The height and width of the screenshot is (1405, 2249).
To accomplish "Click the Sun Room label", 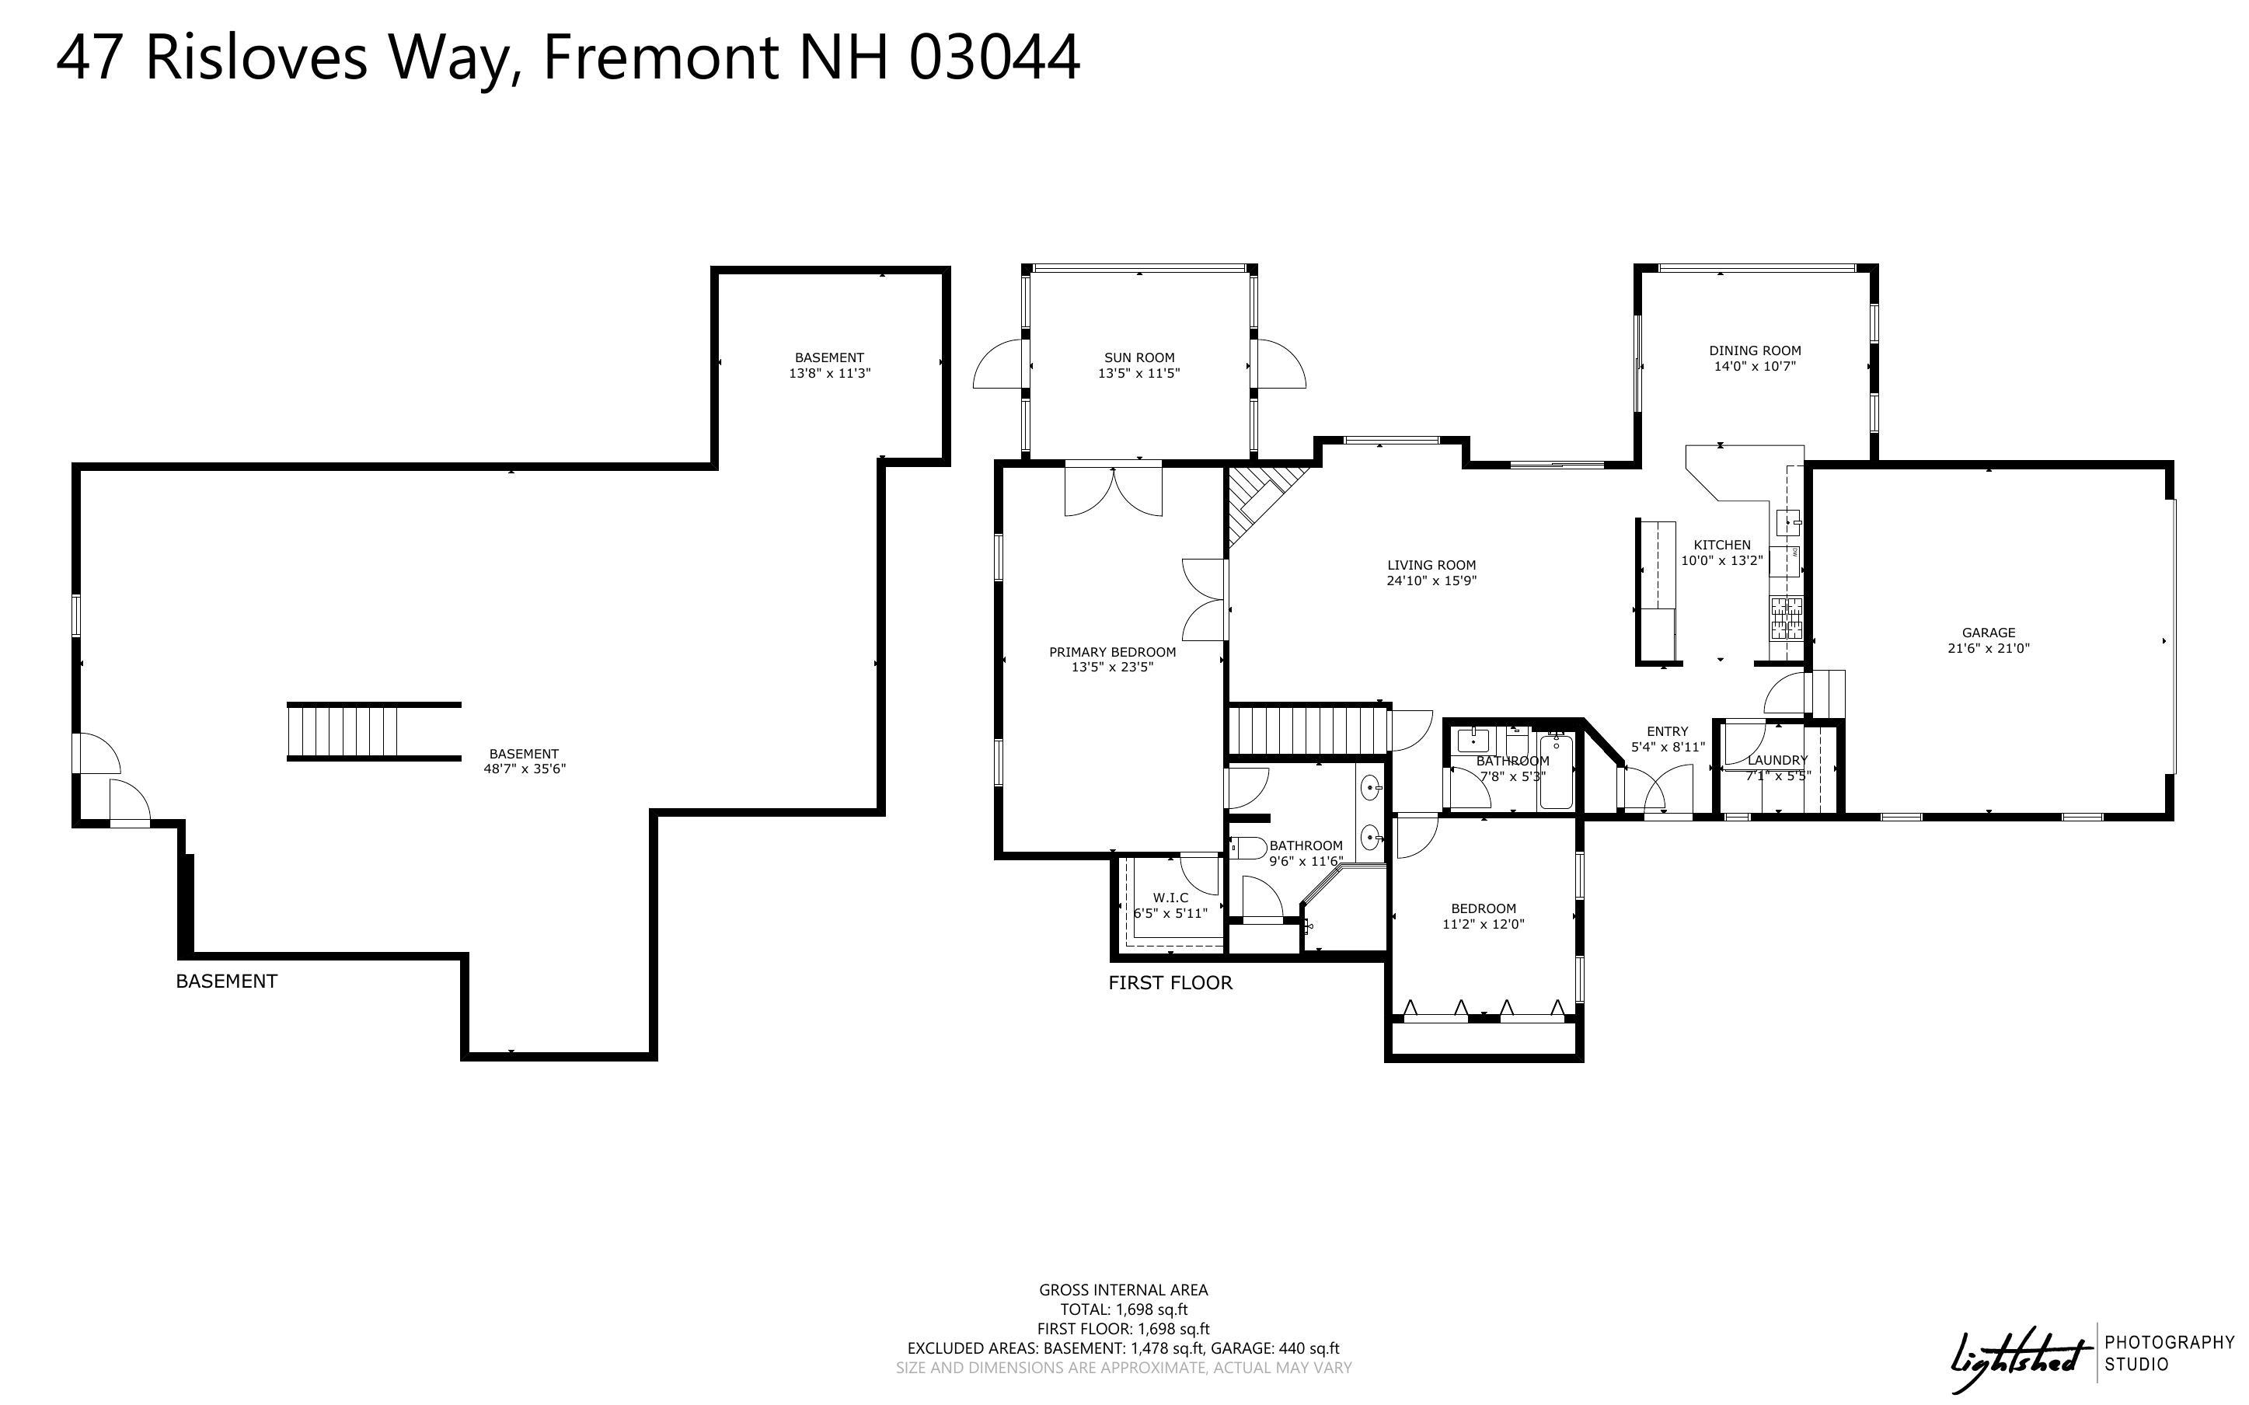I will pos(1139,357).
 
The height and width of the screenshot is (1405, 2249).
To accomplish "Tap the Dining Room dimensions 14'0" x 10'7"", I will pos(1754,367).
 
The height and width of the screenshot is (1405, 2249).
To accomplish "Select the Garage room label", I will pos(1988,633).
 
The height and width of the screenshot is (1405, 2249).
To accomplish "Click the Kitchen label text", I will pos(1721,546).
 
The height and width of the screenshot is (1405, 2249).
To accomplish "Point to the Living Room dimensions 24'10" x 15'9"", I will pos(1431,580).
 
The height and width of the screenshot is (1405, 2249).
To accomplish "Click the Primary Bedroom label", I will pos(1112,652).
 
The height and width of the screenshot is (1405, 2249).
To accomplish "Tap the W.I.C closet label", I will pos(1170,898).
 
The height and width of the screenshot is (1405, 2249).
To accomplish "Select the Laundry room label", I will pos(1777,760).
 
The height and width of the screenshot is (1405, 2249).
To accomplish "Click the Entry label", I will pos(1667,731).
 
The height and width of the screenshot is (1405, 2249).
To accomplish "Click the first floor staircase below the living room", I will pos(1308,730).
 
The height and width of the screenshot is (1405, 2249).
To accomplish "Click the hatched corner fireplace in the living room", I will pos(1254,502).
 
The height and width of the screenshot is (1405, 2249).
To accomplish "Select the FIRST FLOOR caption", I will pos(1170,983).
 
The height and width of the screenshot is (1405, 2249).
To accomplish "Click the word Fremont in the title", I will pos(660,58).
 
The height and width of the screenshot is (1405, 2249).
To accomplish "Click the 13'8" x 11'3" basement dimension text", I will pos(828,374).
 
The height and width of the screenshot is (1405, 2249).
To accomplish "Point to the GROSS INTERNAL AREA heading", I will pos(1122,1290).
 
